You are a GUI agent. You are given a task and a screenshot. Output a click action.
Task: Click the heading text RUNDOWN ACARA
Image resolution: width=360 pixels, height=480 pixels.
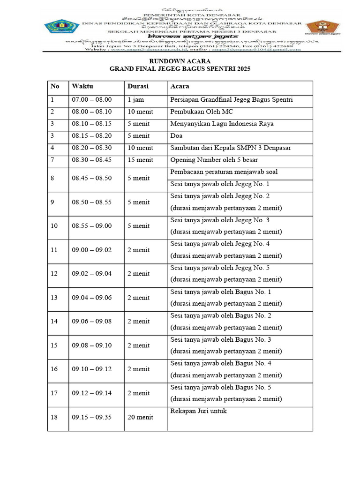[x=180, y=61]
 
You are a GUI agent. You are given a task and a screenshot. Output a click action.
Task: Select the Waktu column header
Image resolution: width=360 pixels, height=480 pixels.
[x=82, y=87]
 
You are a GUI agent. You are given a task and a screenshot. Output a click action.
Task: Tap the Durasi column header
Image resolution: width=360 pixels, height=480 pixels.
[x=138, y=87]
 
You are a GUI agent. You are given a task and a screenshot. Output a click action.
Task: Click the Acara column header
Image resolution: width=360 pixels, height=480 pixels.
[x=180, y=87]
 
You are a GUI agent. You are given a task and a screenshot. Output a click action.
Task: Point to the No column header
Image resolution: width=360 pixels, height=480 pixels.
[x=55, y=87]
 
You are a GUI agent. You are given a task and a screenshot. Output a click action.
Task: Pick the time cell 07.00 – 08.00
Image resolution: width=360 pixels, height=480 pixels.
[x=92, y=100]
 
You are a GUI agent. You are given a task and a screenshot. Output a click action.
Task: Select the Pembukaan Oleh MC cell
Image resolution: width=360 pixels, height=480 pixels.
[x=202, y=112]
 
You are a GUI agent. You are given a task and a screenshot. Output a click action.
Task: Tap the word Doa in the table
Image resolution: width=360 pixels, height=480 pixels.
[x=176, y=136]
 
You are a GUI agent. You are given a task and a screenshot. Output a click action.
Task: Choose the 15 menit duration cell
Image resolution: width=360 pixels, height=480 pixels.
[x=140, y=160]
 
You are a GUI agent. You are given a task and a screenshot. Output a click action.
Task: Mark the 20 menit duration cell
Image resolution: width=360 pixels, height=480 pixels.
[x=140, y=417]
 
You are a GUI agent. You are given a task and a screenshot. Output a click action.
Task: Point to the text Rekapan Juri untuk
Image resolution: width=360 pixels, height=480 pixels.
[x=199, y=411]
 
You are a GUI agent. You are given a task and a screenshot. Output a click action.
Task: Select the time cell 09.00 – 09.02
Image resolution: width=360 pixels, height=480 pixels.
[x=92, y=250]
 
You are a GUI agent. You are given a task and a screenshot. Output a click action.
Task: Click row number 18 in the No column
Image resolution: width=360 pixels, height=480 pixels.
[x=54, y=417]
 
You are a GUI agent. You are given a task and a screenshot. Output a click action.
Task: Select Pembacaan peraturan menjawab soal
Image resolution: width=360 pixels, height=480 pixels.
[x=224, y=172]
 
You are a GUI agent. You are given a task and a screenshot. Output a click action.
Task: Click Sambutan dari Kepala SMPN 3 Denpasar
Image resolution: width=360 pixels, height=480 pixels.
[x=231, y=148]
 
